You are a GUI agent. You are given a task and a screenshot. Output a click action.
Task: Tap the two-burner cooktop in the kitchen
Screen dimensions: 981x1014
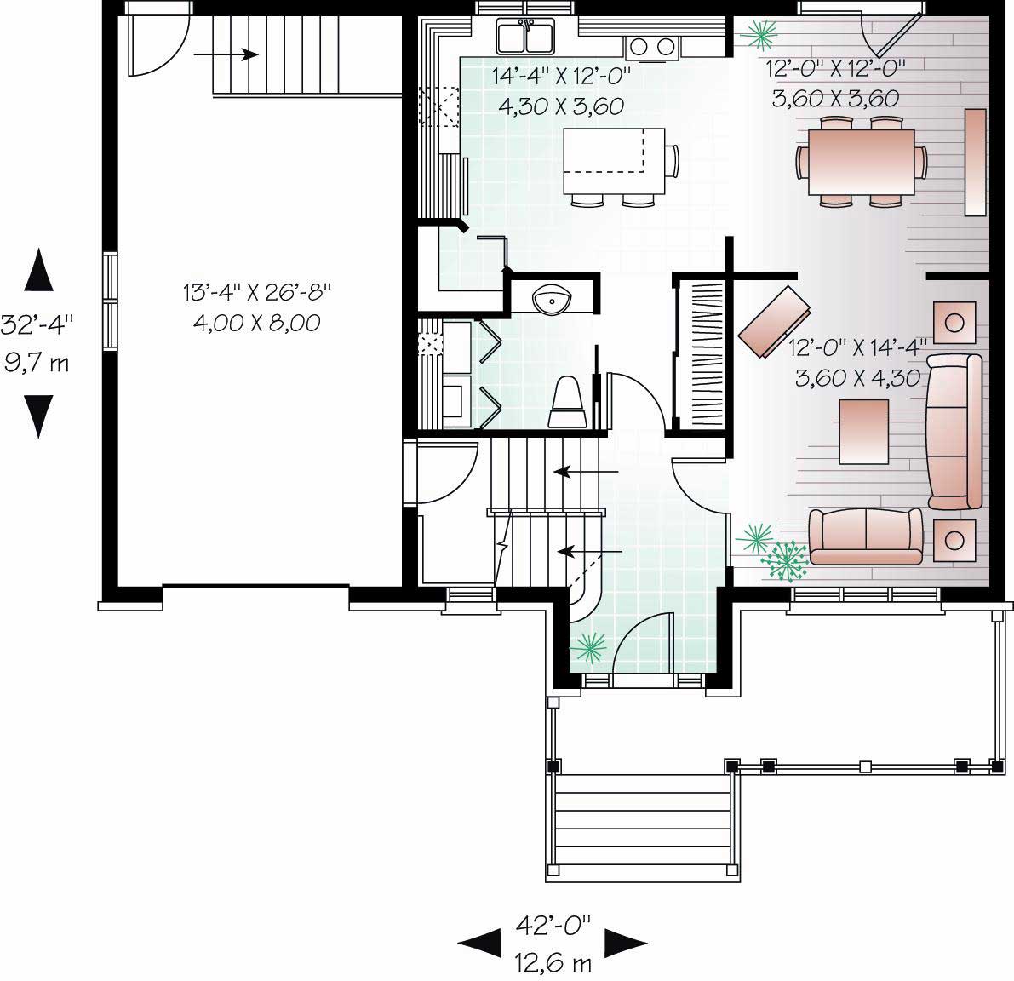[654, 46]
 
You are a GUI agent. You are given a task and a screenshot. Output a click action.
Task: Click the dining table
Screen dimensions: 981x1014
[860, 161]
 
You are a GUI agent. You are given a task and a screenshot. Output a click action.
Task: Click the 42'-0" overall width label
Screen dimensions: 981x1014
[553, 924]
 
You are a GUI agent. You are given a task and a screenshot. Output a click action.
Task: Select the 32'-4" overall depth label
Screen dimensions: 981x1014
[36, 324]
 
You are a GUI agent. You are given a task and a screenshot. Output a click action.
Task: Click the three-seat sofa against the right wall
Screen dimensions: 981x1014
[954, 432]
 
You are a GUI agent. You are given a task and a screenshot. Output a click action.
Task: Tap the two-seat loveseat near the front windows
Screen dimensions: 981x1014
[866, 536]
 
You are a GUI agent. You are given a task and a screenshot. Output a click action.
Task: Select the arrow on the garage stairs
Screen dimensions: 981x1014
[226, 55]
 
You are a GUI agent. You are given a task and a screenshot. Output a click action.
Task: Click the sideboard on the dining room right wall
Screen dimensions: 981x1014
[975, 162]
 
